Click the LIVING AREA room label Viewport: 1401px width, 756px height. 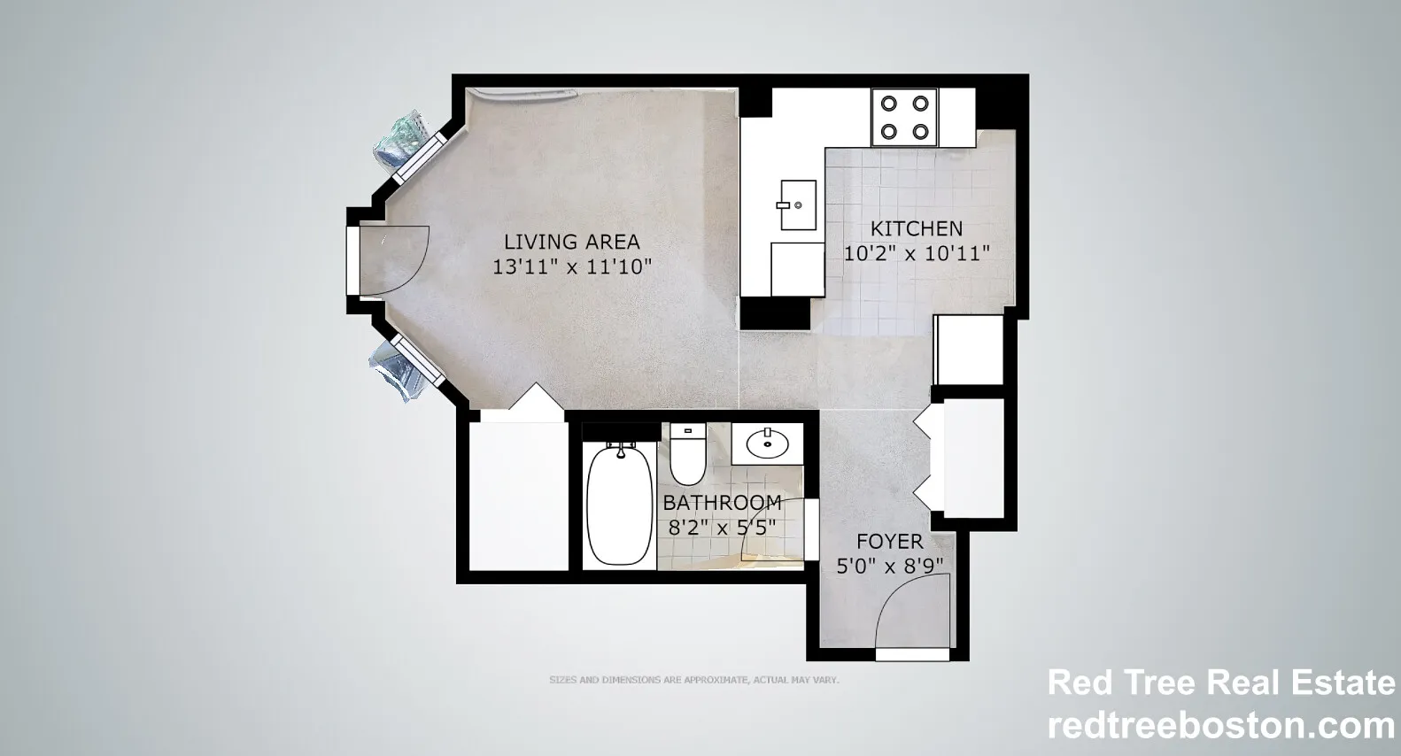coord(572,242)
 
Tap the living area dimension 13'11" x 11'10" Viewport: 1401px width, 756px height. coord(572,267)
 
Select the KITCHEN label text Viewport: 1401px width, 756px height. coord(917,229)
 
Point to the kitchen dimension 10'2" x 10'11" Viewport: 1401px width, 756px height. coord(917,254)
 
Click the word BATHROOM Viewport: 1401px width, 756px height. coord(723,502)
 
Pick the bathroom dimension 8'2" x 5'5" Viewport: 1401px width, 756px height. coord(723,528)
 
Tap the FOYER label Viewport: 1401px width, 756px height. coord(889,541)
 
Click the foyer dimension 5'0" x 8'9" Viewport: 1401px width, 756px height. coord(889,567)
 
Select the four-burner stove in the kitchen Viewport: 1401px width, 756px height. coord(904,118)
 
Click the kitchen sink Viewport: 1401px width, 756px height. coord(797,205)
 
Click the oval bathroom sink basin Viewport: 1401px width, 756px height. coord(768,444)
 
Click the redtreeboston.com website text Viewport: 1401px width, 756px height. coord(1221,726)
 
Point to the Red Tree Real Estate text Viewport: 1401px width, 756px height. coord(1221,683)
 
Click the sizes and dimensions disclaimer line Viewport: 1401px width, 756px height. coord(694,680)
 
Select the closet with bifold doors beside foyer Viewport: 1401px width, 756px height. coord(959,459)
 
